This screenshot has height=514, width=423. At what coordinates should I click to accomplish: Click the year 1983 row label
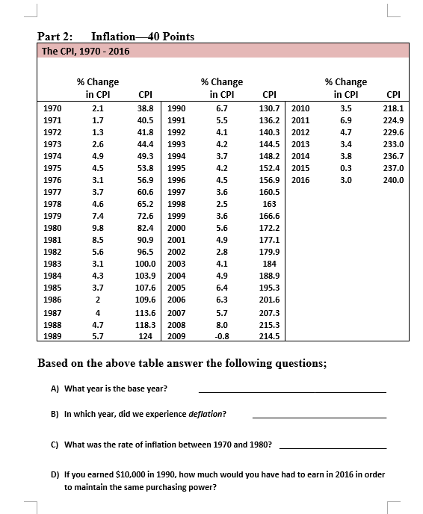tap(52, 264)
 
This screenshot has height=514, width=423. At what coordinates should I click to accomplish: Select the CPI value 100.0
tap(145, 264)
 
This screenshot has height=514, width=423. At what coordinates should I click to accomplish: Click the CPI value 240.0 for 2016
tap(393, 180)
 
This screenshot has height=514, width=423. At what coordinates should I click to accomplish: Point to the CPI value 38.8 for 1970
tap(146, 108)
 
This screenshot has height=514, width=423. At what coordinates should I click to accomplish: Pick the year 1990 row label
tap(177, 108)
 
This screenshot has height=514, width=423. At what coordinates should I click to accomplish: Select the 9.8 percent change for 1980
tap(97, 228)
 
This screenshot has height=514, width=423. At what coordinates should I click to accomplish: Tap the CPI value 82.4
tap(146, 228)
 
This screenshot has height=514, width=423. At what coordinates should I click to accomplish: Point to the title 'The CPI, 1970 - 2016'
tap(85, 51)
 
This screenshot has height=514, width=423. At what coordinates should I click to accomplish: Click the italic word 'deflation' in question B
tap(204, 413)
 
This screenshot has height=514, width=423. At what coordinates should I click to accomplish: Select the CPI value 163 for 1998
tap(270, 204)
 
